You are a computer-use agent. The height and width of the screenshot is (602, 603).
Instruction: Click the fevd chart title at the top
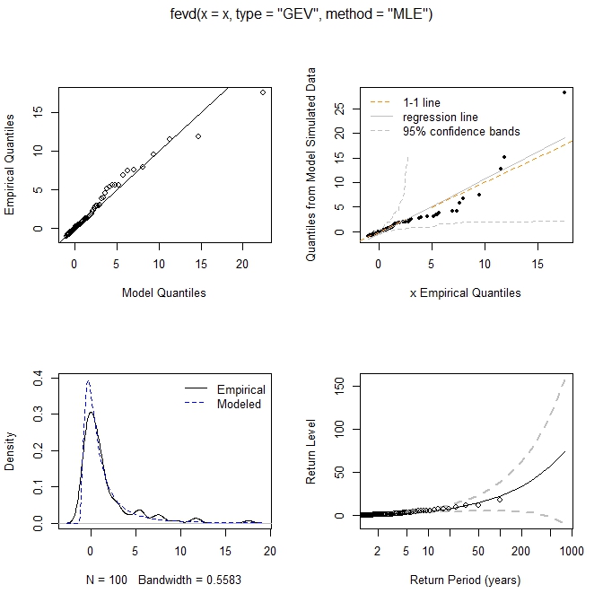point(301,14)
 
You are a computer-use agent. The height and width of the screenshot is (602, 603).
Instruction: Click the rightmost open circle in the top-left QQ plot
point(263,92)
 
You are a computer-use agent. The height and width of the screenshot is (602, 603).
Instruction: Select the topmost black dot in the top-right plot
point(564,92)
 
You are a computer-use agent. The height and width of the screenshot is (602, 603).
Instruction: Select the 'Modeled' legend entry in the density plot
point(237,404)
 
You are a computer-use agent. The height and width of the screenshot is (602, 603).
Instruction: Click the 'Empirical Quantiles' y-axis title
point(11,162)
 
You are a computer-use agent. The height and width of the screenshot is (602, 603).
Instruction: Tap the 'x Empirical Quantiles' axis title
point(465,292)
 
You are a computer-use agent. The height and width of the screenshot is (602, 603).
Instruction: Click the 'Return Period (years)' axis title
point(465,580)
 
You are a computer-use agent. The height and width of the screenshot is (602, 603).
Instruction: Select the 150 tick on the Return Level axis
point(330,385)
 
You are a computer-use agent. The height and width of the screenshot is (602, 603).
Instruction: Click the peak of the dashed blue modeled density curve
point(88,380)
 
